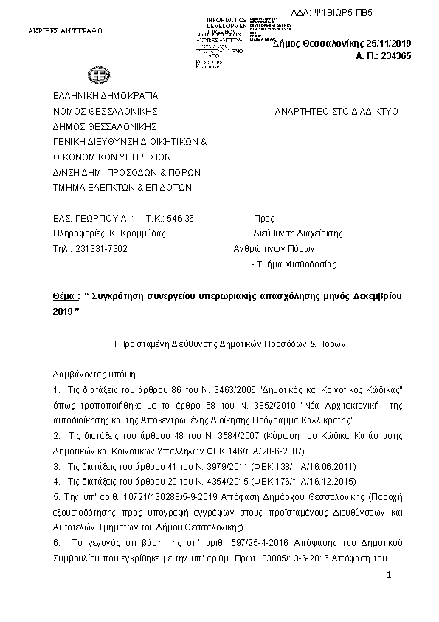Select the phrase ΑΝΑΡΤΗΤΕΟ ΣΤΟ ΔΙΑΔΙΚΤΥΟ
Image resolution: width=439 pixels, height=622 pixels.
tap(336, 111)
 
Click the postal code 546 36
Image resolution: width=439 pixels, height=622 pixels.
tap(179, 219)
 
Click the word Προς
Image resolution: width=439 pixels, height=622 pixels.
tap(263, 219)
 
